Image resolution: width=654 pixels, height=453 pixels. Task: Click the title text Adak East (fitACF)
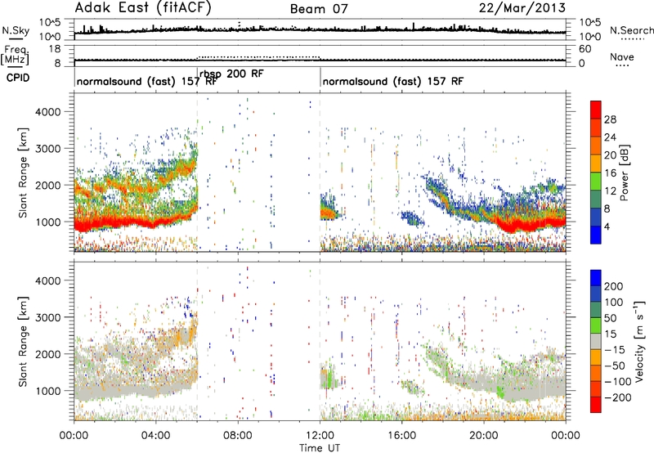tap(143, 8)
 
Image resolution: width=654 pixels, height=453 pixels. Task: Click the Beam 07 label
tap(319, 9)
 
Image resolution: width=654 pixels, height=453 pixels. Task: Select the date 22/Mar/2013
tap(522, 8)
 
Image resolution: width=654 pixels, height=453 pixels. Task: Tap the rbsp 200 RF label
tap(231, 74)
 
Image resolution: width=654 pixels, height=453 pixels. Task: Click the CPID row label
tap(18, 78)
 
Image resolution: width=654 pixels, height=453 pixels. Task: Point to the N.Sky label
tap(16, 30)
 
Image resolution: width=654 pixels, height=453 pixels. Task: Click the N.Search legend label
tap(631, 30)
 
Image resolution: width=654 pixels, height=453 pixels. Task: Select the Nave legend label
tap(622, 57)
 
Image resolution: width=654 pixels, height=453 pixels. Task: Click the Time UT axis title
tap(320, 448)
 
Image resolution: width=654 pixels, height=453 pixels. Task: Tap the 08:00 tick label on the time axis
tap(238, 436)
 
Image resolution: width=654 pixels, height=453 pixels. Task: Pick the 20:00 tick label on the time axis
tap(483, 436)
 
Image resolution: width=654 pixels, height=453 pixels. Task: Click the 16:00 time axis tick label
tap(401, 436)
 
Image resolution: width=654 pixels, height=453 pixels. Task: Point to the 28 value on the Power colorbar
tap(610, 119)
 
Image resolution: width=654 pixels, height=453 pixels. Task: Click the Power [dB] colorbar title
tap(625, 173)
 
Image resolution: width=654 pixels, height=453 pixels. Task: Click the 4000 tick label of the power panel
tap(48, 112)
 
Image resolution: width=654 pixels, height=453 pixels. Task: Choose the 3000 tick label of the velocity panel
tap(48, 317)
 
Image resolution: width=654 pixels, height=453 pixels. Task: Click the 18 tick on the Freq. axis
tap(55, 49)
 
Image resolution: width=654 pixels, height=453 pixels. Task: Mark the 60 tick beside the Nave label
tap(585, 49)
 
